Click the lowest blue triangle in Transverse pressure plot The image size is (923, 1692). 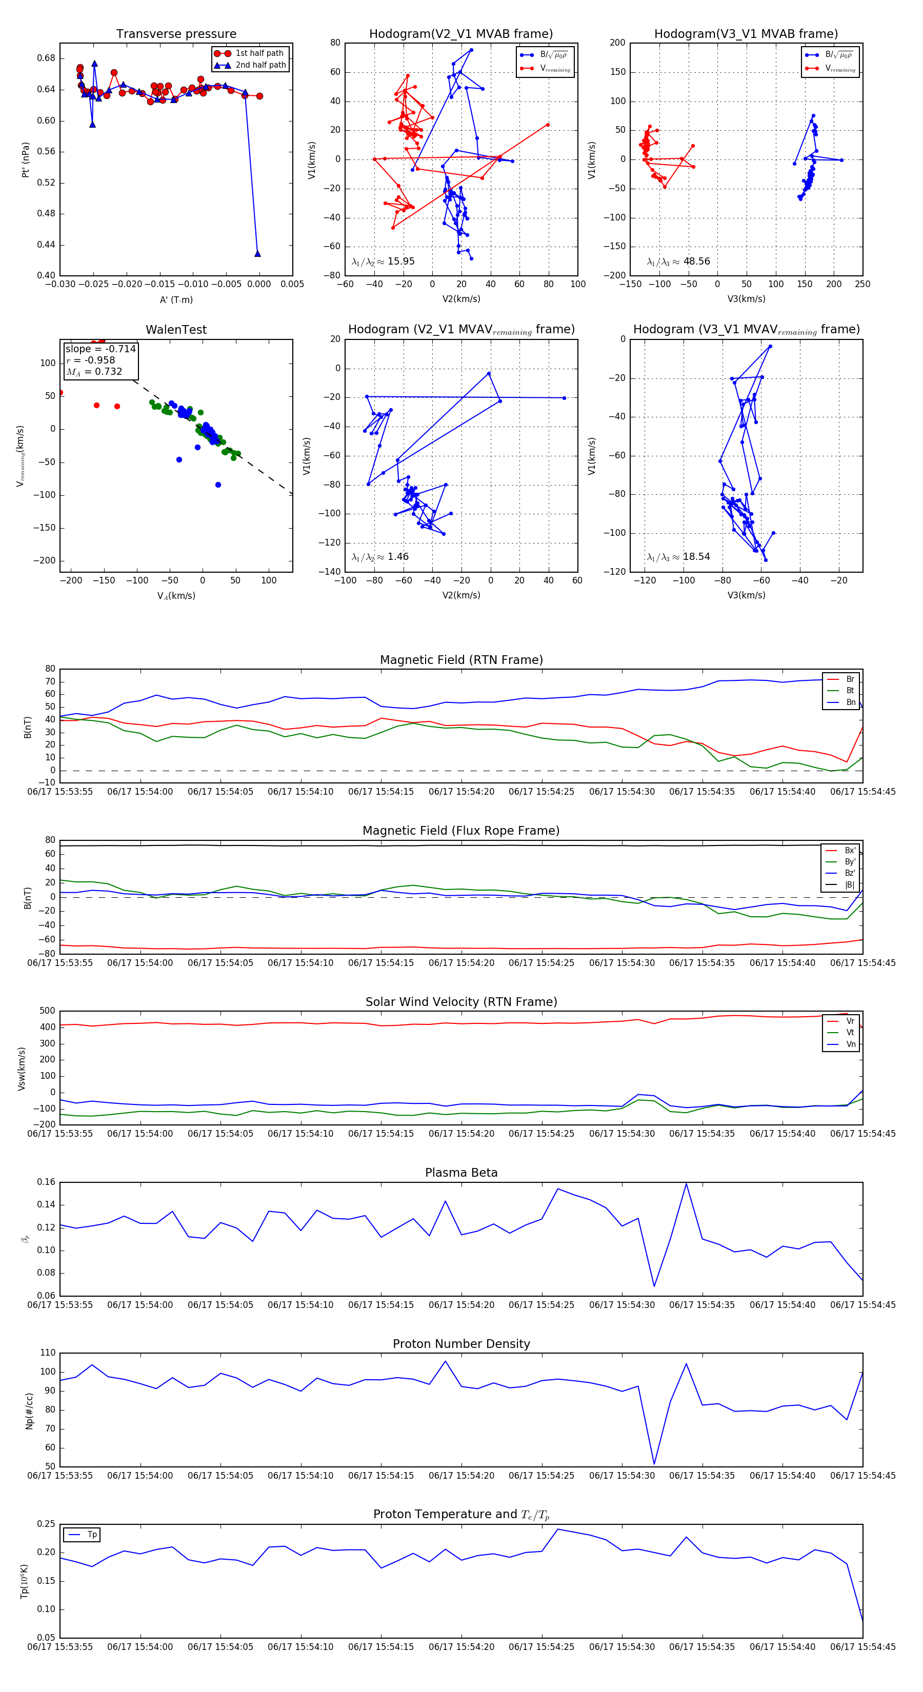[257, 253]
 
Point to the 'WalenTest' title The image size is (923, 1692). [176, 330]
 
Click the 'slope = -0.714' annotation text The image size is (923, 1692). [101, 349]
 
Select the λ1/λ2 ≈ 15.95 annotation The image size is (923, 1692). [383, 261]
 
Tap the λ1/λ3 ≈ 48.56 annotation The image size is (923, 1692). [678, 261]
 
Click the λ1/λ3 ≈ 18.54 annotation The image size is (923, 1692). [678, 557]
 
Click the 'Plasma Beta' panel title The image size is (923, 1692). [461, 1173]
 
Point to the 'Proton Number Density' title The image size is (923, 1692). [461, 1344]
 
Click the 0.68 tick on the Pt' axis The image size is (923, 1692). [46, 58]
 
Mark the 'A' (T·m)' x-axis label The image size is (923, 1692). [176, 300]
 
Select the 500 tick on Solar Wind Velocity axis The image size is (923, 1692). [47, 1012]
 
